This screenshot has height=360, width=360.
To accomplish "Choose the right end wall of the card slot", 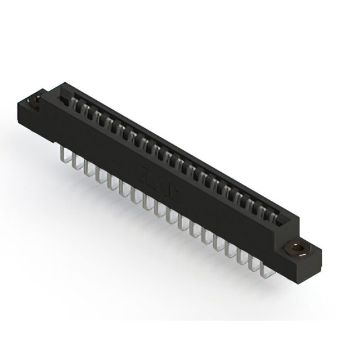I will (x=286, y=223).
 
